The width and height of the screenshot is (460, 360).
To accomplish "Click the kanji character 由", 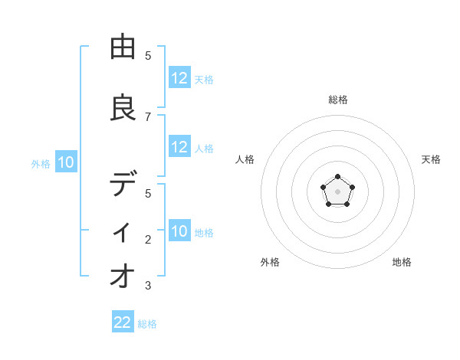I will (123, 47).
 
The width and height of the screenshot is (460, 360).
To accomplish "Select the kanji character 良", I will (123, 108).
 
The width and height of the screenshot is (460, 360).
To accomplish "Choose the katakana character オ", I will (123, 275).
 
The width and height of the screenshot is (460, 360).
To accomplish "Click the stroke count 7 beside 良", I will (148, 116).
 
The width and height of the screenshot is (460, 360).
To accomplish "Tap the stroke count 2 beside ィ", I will (148, 240).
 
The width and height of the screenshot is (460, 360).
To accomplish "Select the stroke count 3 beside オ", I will (148, 286).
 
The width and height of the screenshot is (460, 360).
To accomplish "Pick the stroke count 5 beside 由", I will (148, 56).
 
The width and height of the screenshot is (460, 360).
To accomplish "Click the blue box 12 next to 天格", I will (179, 78).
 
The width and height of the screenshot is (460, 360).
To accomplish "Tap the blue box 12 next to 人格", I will (179, 148).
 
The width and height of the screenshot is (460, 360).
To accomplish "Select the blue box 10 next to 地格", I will (179, 232).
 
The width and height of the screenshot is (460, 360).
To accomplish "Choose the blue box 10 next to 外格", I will (65, 162).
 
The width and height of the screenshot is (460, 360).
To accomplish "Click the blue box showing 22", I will (123, 322).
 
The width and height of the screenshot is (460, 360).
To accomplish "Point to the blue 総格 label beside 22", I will (147, 324).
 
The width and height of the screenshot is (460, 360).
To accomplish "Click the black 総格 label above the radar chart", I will (338, 100).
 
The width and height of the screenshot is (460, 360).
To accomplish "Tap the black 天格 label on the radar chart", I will (431, 159).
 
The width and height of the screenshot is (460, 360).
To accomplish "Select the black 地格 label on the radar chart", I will (402, 262).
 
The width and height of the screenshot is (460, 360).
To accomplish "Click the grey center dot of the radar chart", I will (337, 191).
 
